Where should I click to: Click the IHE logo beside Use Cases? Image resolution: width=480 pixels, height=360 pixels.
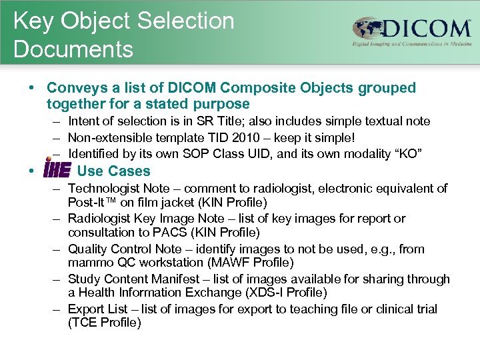coord(57,171)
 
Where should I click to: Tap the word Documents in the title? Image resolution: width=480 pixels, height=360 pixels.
coord(73,49)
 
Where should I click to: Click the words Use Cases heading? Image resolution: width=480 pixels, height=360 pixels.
coord(114,171)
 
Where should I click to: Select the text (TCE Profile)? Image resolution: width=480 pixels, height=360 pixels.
coord(105,323)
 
